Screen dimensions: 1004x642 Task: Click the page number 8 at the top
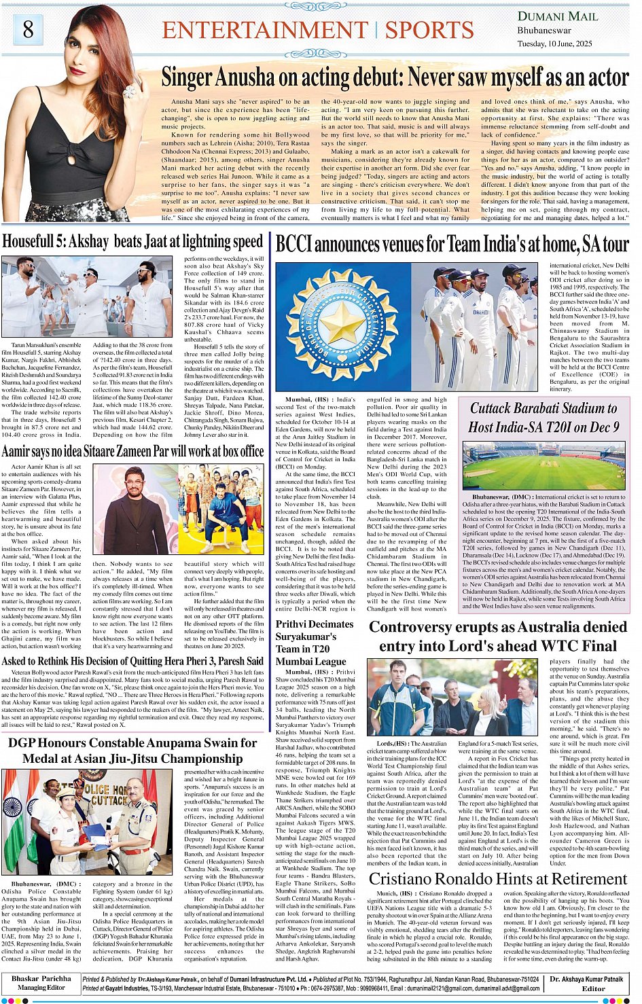pyautogui.click(x=28, y=29)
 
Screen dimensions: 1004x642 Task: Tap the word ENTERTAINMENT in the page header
pyautogui.click(x=265, y=31)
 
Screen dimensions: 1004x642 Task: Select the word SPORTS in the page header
pyautogui.click(x=429, y=31)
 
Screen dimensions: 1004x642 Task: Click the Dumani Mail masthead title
pyautogui.click(x=558, y=16)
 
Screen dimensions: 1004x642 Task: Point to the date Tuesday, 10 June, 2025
pyautogui.click(x=554, y=43)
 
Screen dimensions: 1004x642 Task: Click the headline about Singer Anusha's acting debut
pyautogui.click(x=395, y=77)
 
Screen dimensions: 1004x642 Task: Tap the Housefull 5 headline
pyautogui.click(x=132, y=241)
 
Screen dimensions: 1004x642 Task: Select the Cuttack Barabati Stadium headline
pyautogui.click(x=543, y=417)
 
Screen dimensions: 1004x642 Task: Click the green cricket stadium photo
pyautogui.click(x=543, y=466)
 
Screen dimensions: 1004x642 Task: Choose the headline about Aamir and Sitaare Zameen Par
pyautogui.click(x=132, y=451)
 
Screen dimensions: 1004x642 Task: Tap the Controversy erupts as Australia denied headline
pyautogui.click(x=498, y=637)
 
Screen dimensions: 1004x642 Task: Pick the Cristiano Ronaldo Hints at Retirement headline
pyautogui.click(x=499, y=879)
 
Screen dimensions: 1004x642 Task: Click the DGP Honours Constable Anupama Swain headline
pyautogui.click(x=132, y=751)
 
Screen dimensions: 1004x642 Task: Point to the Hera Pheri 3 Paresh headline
pyautogui.click(x=132, y=661)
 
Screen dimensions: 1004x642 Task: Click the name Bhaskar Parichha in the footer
pyautogui.click(x=41, y=979)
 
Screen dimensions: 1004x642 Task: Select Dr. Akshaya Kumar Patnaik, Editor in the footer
pyautogui.click(x=586, y=983)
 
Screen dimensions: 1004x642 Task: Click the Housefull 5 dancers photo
pyautogui.click(x=88, y=298)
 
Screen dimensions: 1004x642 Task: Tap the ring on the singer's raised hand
pyautogui.click(x=129, y=91)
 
